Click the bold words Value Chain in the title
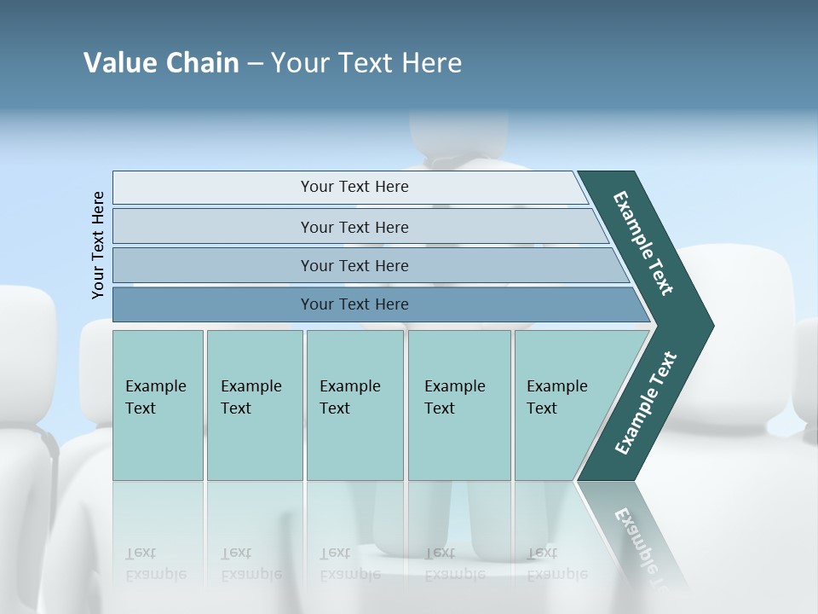[161, 63]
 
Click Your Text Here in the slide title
[366, 63]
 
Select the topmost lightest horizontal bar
[354, 187]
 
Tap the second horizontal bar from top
[354, 227]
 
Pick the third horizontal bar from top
[354, 265]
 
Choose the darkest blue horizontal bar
[354, 304]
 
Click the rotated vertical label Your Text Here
[99, 246]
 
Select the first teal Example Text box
[158, 405]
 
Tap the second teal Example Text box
[254, 405]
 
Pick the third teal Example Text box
[354, 405]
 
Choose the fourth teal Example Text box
[458, 405]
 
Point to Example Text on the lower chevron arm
[646, 403]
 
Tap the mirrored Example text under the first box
[155, 574]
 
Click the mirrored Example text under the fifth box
[556, 574]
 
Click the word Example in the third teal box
[349, 386]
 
